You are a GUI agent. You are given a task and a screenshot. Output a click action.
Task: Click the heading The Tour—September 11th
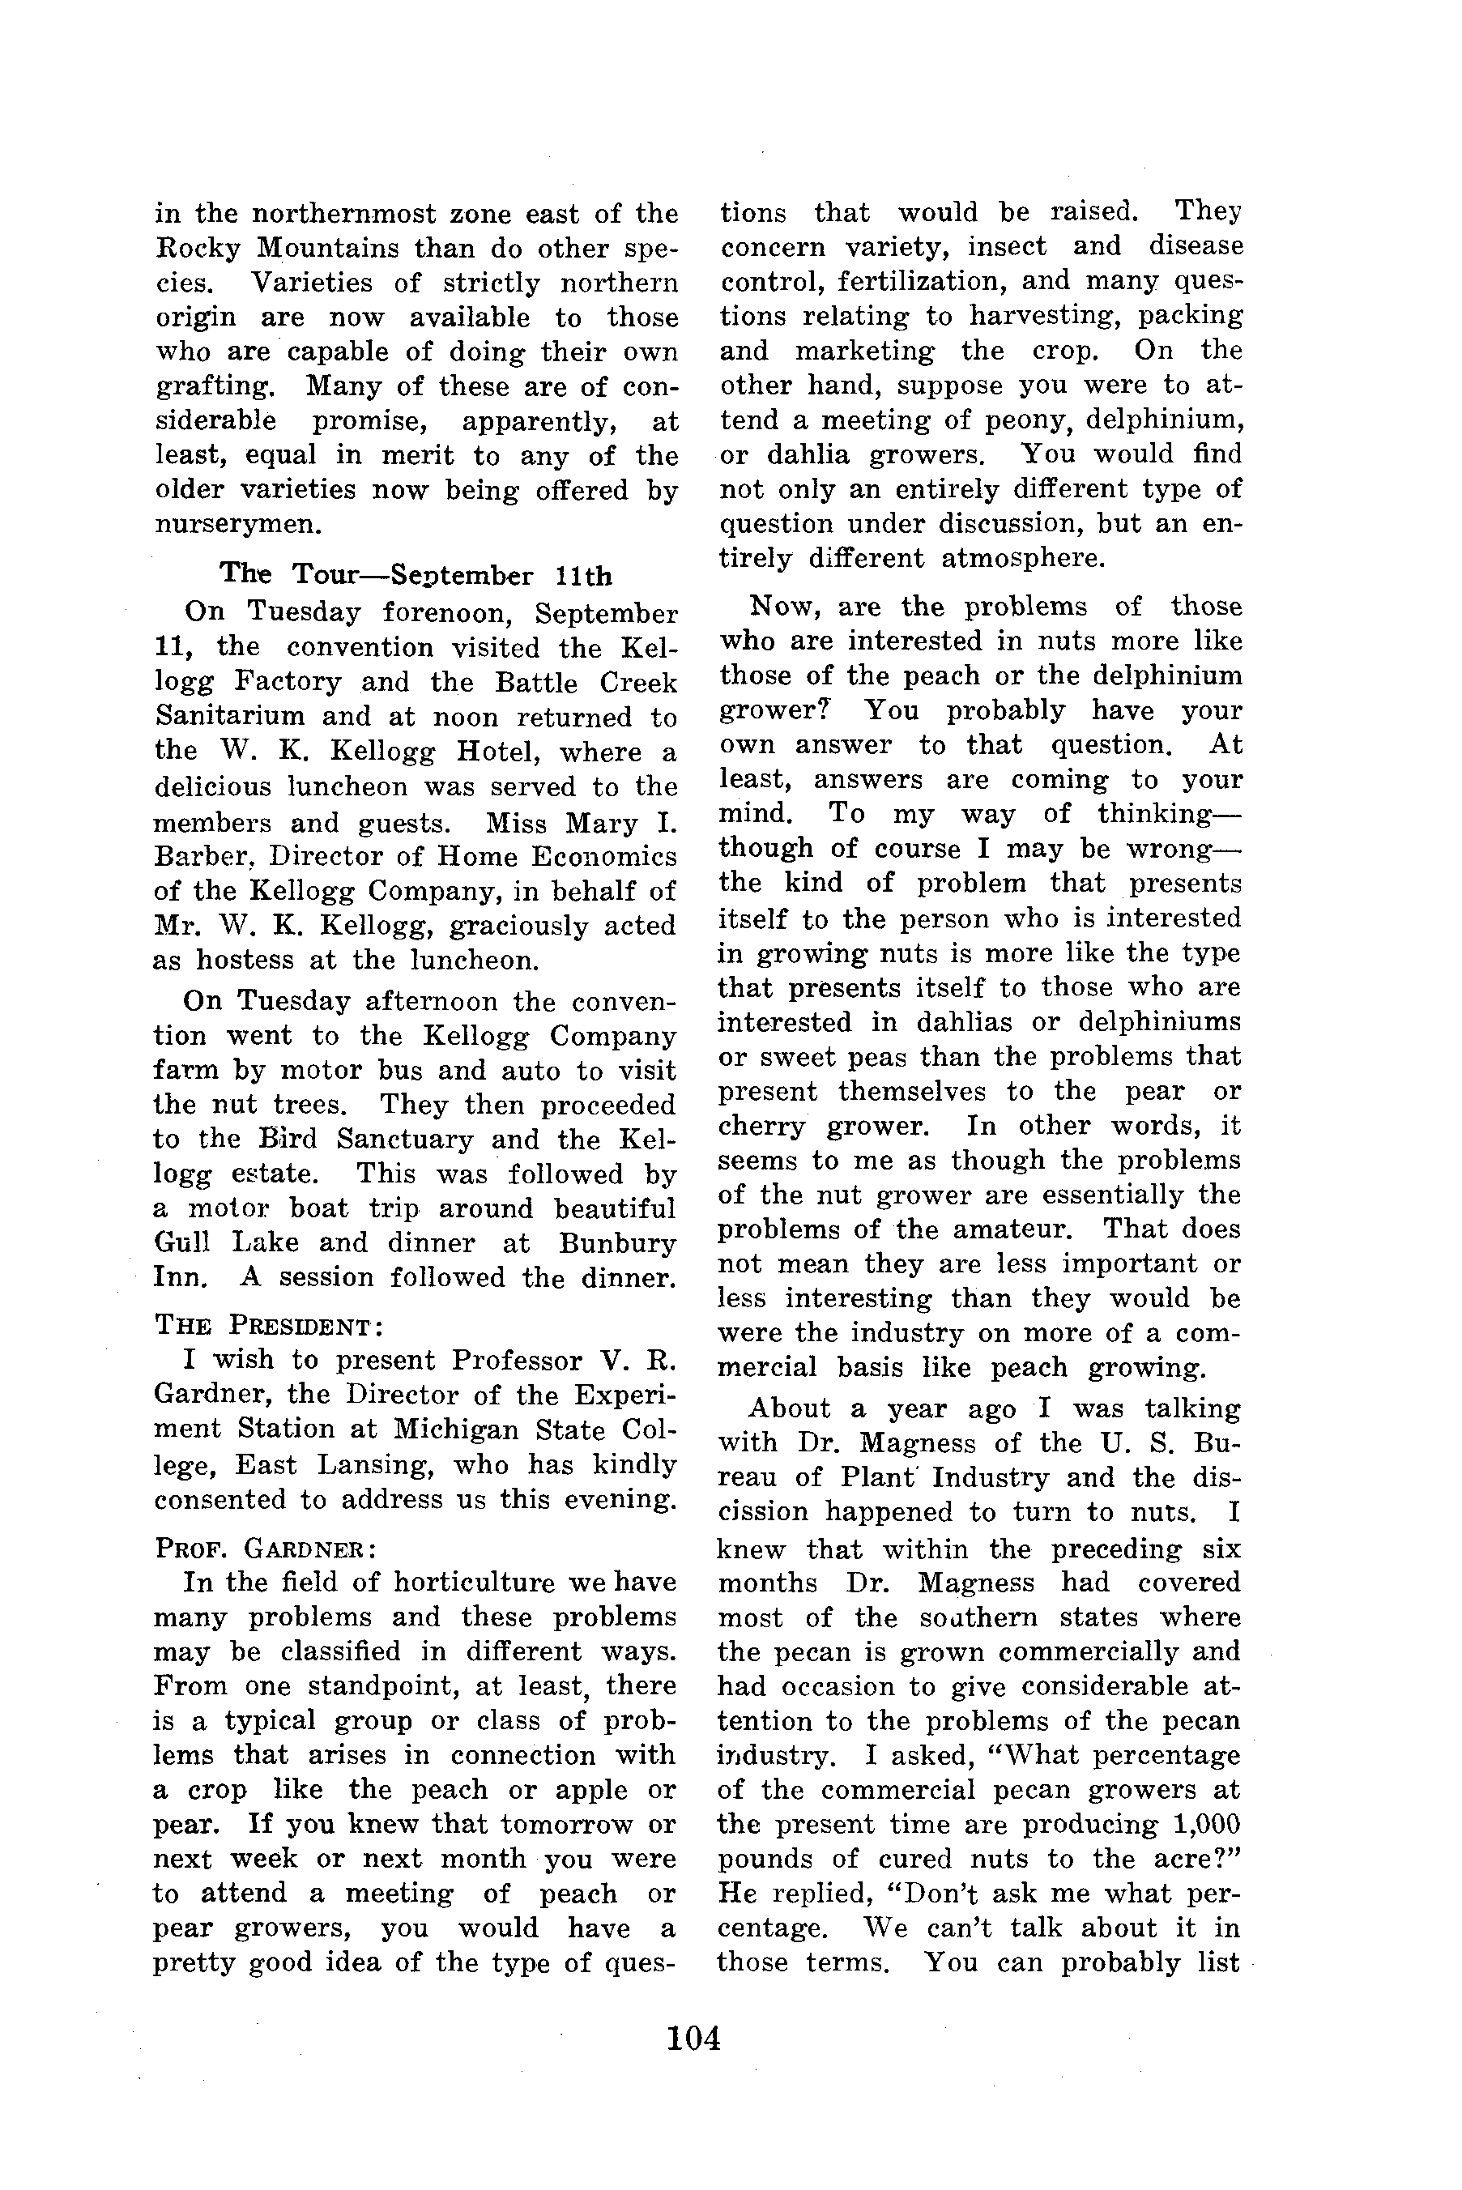(416, 574)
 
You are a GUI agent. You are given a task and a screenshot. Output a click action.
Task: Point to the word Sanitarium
(229, 717)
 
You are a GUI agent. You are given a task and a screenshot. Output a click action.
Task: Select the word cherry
(761, 1127)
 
